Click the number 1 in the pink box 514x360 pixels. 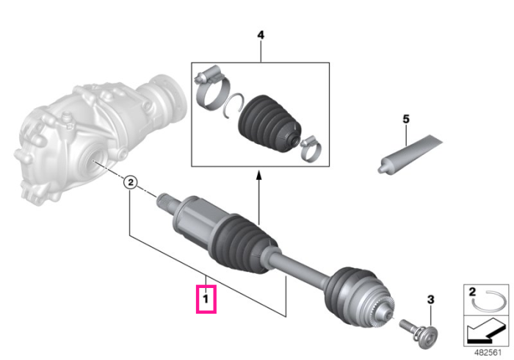[x=206, y=299]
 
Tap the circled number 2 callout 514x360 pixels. [x=130, y=182]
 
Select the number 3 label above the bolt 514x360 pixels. [x=430, y=299]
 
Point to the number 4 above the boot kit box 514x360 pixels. [x=261, y=35]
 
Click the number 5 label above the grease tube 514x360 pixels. [x=406, y=119]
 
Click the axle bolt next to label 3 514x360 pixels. [x=419, y=333]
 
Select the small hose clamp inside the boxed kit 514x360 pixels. [x=310, y=149]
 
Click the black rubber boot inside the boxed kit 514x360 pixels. [x=269, y=123]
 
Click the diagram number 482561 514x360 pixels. [x=488, y=353]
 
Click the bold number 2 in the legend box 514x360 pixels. [x=471, y=292]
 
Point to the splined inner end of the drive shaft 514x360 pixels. [x=167, y=203]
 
